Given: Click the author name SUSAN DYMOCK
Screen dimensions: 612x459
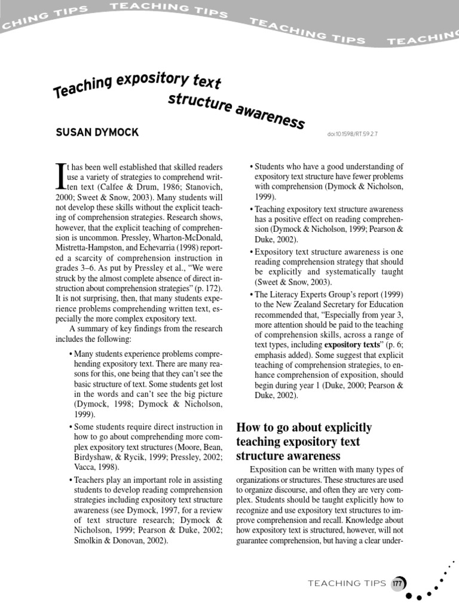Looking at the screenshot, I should point(96,133).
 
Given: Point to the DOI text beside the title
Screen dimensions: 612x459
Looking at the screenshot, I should point(352,134).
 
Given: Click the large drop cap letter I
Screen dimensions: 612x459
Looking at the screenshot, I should point(60,177).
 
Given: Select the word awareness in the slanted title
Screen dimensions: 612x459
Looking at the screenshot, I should point(273,115).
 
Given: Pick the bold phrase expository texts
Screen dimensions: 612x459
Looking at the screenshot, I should point(351,345).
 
